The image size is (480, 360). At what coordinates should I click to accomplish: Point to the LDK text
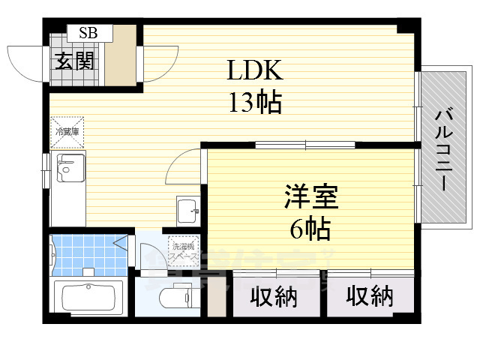point(255,71)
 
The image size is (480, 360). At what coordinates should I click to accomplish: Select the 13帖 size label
point(255,101)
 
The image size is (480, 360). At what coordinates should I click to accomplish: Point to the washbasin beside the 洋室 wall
point(187,211)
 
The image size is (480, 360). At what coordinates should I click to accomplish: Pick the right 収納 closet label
point(370,298)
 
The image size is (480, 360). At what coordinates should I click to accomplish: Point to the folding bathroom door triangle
point(119,241)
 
